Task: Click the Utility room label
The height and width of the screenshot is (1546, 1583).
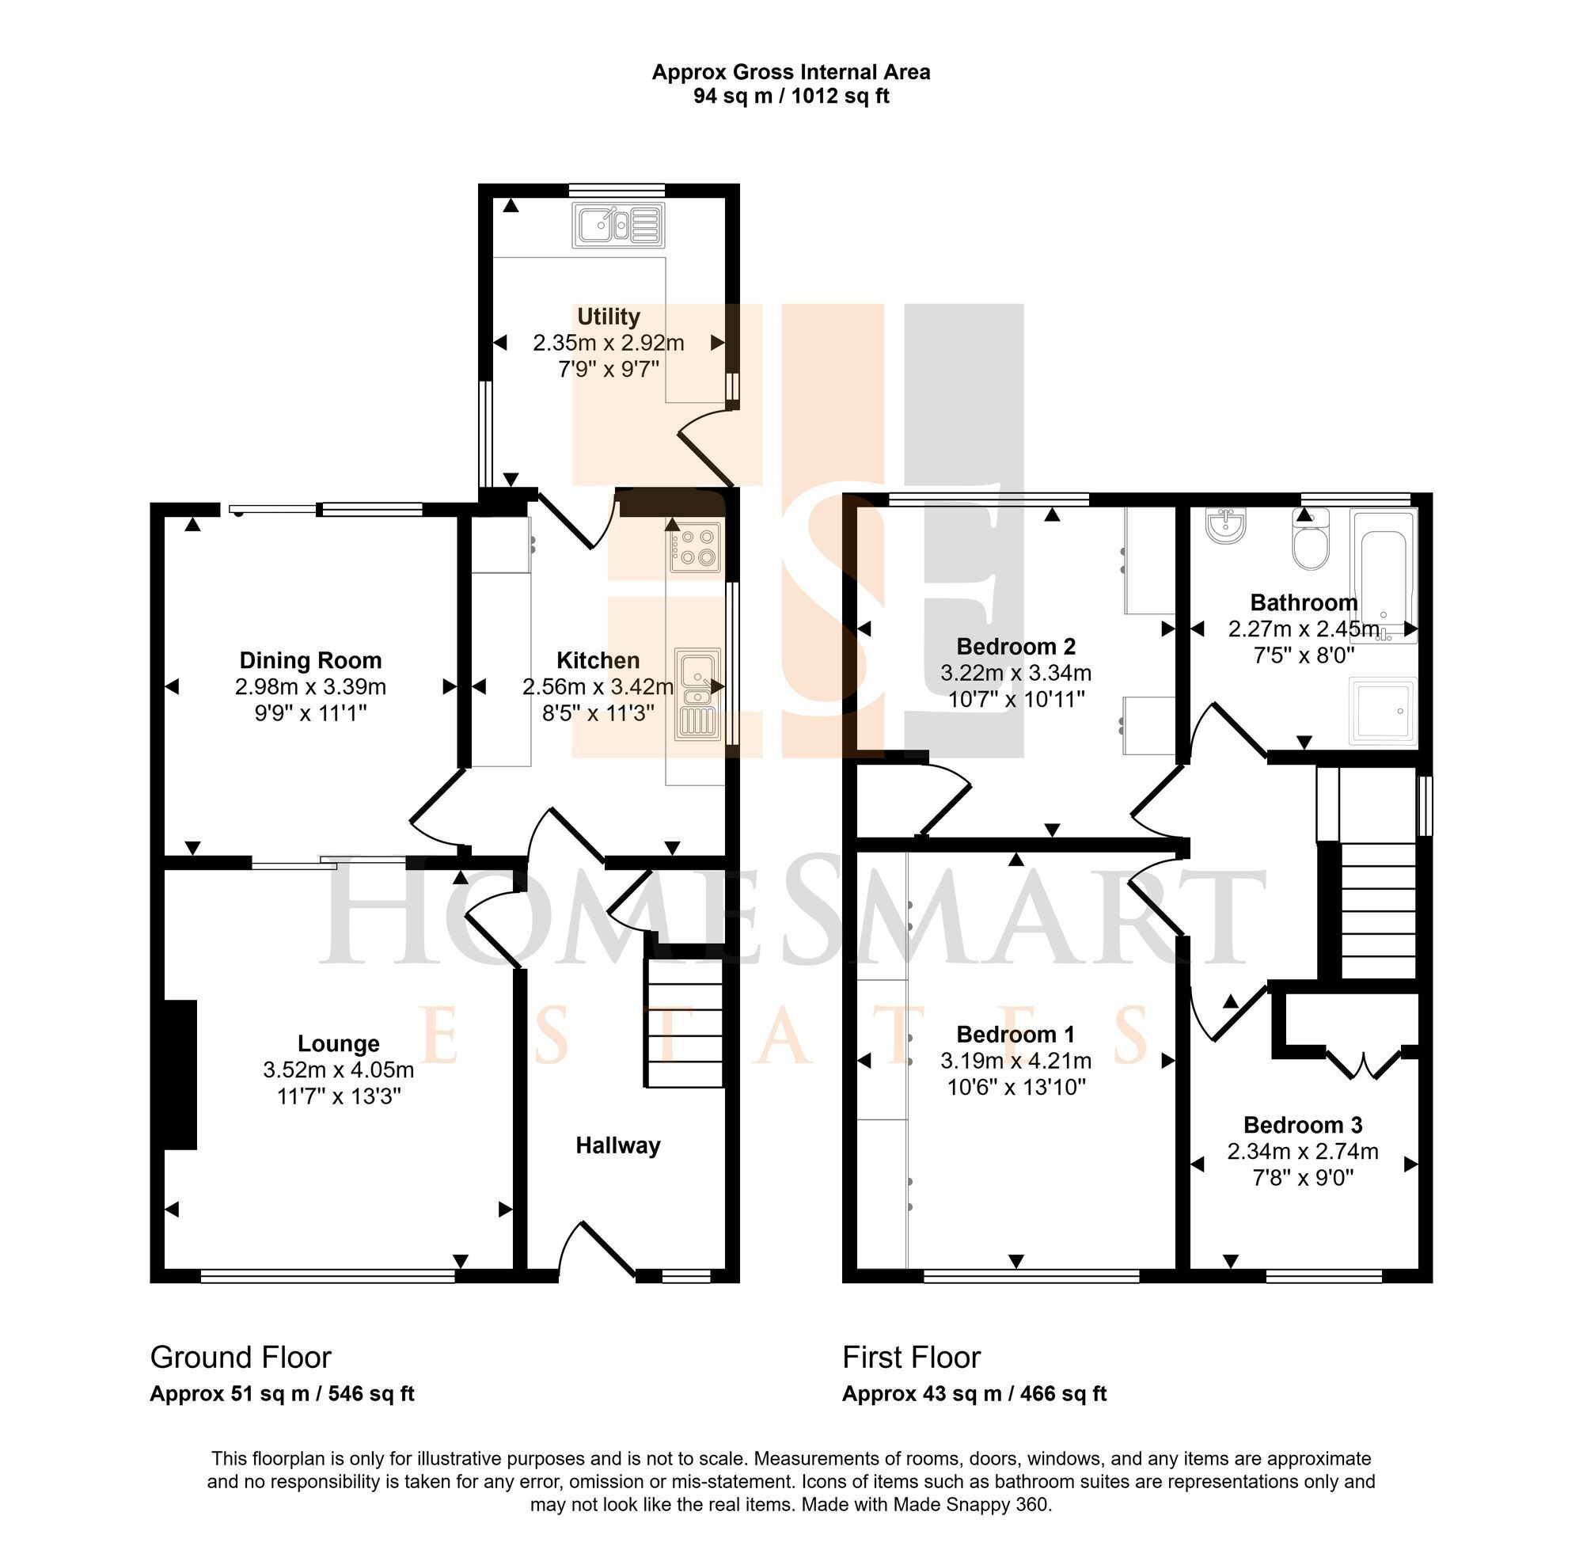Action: click(x=608, y=316)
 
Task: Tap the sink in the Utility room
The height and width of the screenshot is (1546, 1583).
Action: click(x=619, y=225)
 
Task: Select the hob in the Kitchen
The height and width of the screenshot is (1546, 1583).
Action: click(x=694, y=546)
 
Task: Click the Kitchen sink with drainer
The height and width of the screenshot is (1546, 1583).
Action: click(x=697, y=693)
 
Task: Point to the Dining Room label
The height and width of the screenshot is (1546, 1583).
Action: click(x=310, y=660)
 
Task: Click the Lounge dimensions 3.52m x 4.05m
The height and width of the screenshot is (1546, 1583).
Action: click(x=339, y=1069)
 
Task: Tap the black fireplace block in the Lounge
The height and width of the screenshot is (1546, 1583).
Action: click(x=180, y=1074)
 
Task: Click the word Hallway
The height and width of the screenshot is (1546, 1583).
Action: click(x=618, y=1145)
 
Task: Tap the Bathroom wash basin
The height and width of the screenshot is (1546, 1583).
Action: click(x=1226, y=526)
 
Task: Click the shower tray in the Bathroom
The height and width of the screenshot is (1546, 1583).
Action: click(x=1383, y=711)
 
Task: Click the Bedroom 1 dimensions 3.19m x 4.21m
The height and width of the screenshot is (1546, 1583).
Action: click(x=1015, y=1061)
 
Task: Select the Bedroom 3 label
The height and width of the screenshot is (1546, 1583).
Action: click(x=1303, y=1125)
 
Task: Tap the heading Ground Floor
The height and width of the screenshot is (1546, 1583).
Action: click(x=241, y=1357)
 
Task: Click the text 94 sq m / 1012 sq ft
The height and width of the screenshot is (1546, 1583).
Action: click(x=791, y=96)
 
